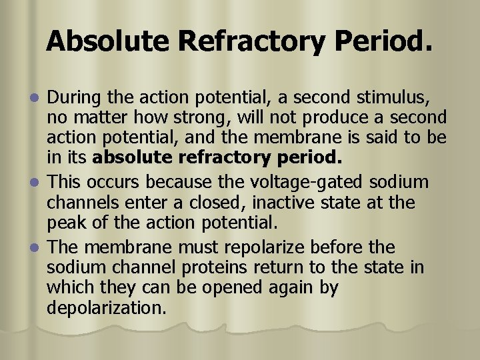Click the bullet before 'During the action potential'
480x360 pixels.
[39, 99]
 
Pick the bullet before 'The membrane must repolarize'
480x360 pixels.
[39, 247]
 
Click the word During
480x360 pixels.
[75, 99]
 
